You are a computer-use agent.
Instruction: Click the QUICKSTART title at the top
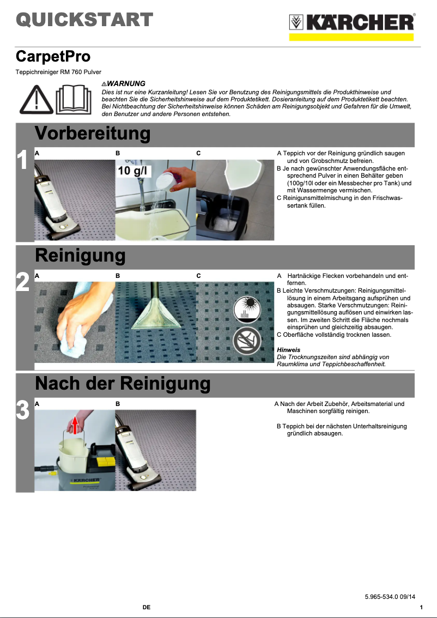84,20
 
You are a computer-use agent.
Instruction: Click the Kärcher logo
351,23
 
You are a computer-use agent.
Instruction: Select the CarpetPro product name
53,56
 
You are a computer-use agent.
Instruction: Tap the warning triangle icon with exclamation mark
35,99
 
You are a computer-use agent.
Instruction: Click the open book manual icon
71,99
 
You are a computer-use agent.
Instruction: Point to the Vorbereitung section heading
93,134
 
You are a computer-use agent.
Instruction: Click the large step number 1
22,161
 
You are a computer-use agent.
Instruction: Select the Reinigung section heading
80,256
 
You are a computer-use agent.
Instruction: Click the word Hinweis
288,349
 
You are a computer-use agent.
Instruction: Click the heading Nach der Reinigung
123,384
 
